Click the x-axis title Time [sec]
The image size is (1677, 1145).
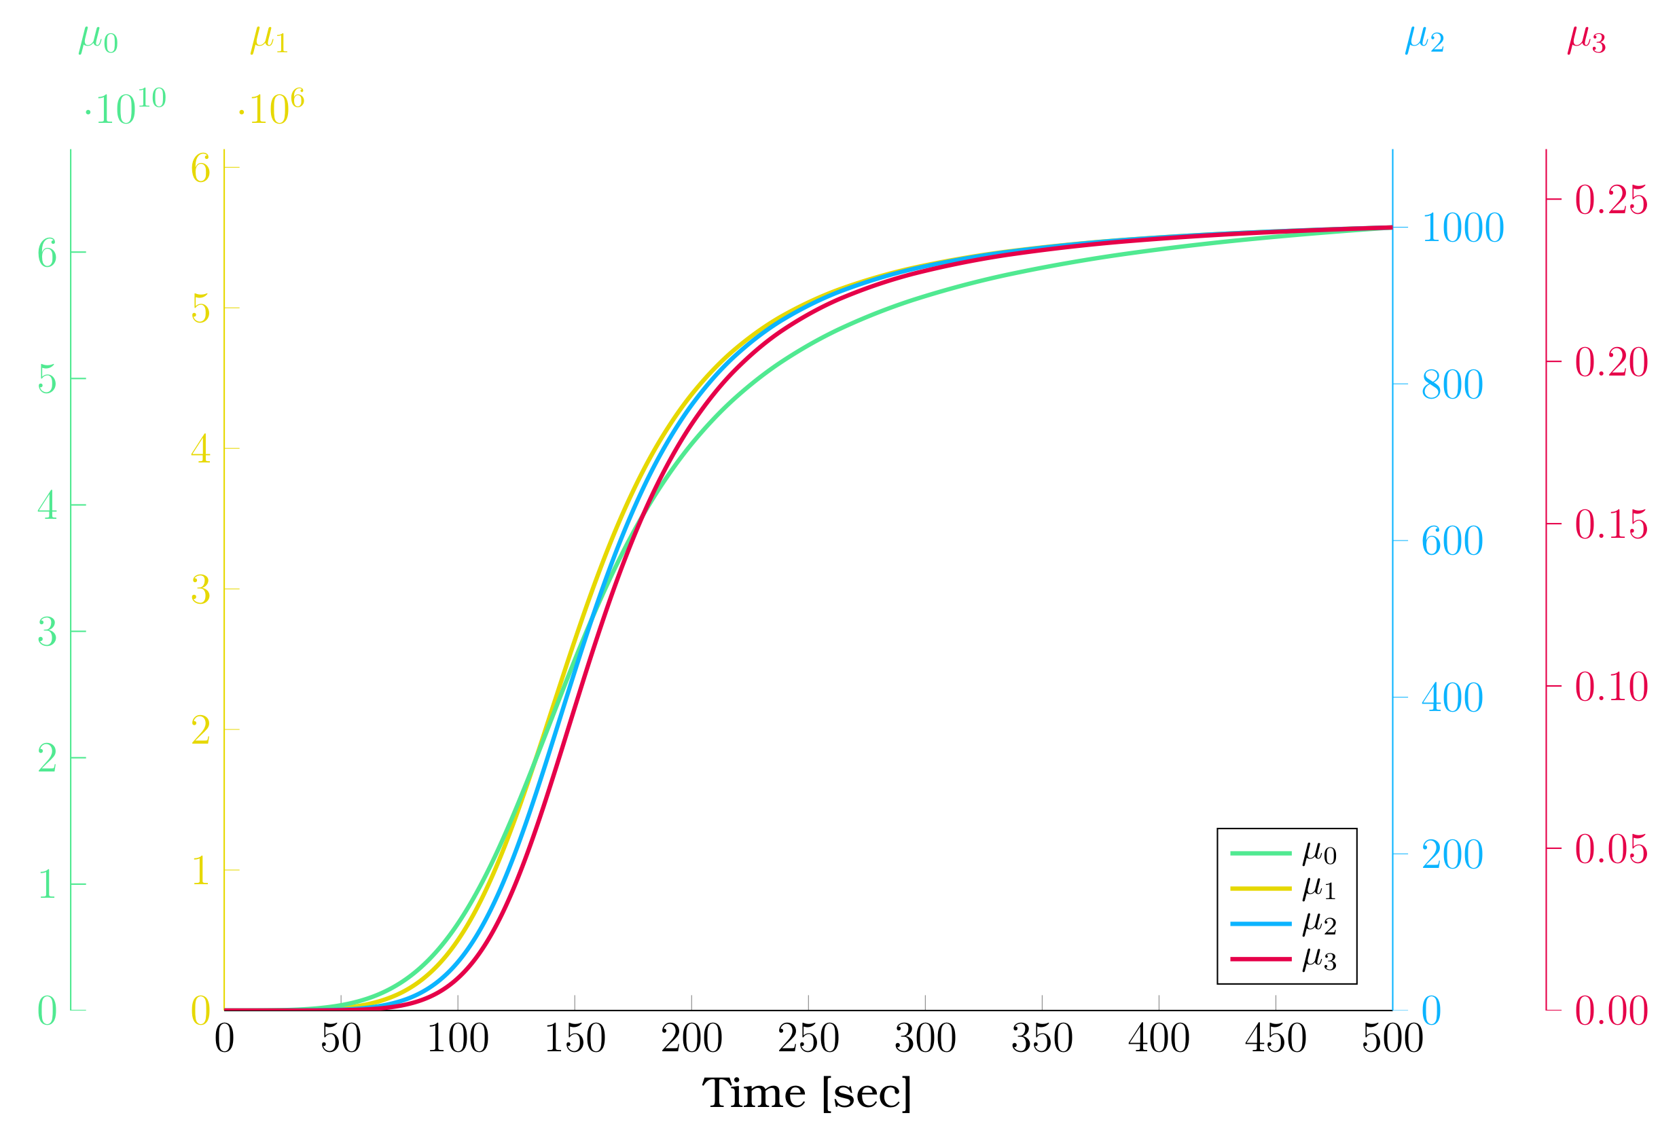807,1094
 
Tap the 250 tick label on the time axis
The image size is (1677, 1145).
808,1039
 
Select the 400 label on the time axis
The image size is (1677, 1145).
1159,1039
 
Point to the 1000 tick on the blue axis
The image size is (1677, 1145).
1462,228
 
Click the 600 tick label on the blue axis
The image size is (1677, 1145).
1452,541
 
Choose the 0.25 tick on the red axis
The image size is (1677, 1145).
1610,200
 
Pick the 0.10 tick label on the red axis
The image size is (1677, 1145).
1610,687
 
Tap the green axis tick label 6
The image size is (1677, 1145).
47,253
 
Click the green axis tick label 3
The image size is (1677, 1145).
47,632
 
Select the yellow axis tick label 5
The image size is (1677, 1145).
200,309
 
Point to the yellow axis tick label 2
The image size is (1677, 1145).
200,730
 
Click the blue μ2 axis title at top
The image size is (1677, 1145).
1424,39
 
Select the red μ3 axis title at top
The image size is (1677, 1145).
1587,39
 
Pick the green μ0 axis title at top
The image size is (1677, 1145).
98,39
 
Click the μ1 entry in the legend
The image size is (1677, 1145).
1319,888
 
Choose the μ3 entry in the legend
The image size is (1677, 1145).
1319,959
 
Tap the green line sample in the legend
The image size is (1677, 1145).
1261,854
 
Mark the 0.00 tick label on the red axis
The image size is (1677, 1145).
1610,1011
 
